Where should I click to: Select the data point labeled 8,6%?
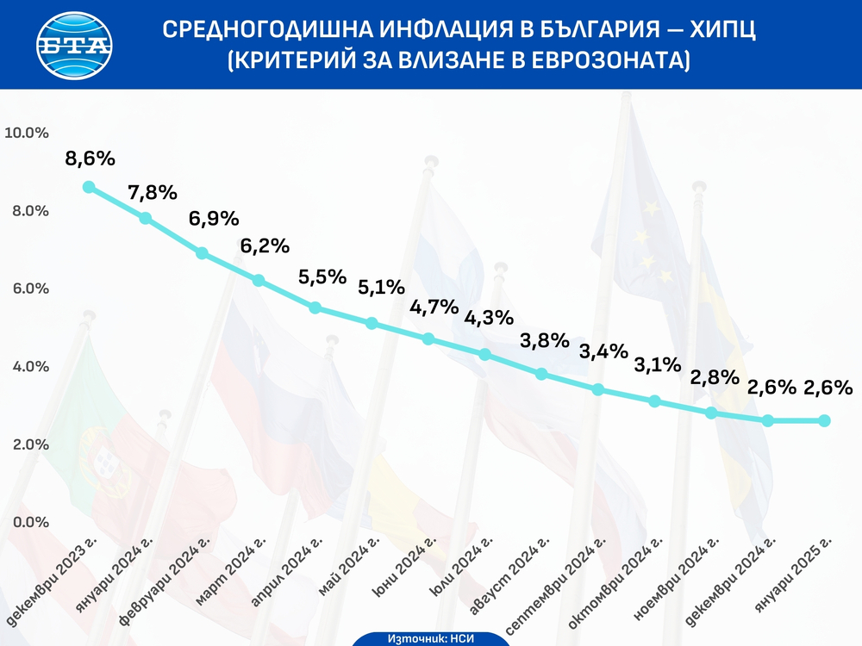(89, 187)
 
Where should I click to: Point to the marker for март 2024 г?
(258, 280)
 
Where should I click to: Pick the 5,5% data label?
(322, 277)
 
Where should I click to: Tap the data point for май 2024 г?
(372, 323)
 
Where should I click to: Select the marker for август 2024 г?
(541, 374)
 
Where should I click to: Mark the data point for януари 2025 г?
(824, 420)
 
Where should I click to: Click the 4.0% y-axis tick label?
(28, 367)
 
